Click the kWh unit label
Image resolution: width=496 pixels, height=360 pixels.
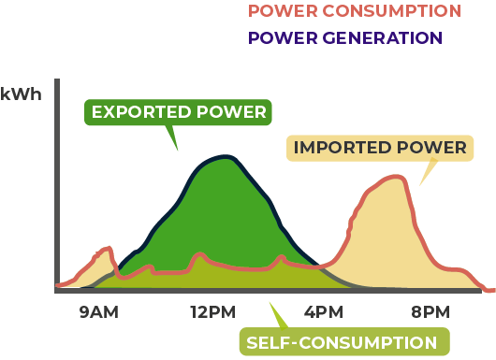(x=22, y=94)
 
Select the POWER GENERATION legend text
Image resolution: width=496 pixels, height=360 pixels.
(x=344, y=37)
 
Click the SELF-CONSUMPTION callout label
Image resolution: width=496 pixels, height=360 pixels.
(x=342, y=341)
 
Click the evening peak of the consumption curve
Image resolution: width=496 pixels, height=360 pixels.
(x=401, y=178)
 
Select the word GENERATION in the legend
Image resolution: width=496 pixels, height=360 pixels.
(x=384, y=37)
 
